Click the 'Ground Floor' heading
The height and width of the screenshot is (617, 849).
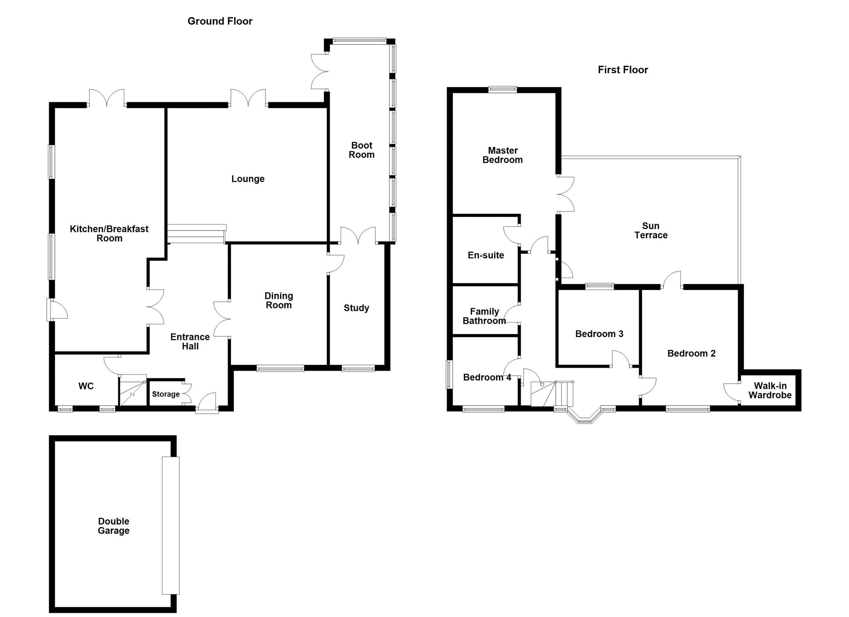click(220, 21)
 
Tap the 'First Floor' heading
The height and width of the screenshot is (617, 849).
click(623, 70)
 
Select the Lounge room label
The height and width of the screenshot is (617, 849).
click(248, 179)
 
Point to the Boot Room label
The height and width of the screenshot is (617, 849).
click(362, 150)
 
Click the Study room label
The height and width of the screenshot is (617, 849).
click(356, 308)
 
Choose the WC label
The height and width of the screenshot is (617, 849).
click(86, 386)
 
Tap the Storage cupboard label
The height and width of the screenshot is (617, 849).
click(166, 394)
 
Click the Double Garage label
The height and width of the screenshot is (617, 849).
click(114, 526)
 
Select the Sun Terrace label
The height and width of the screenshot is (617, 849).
click(651, 231)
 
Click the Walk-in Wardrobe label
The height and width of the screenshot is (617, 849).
click(770, 390)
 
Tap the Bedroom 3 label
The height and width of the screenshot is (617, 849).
click(599, 334)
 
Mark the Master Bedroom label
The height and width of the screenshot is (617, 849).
click(502, 155)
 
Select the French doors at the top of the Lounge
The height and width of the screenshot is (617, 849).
click(248, 98)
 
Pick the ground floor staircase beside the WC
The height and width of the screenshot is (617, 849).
click(133, 390)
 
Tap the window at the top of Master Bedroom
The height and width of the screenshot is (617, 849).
click(502, 89)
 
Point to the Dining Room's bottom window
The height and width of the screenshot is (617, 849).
click(281, 368)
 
